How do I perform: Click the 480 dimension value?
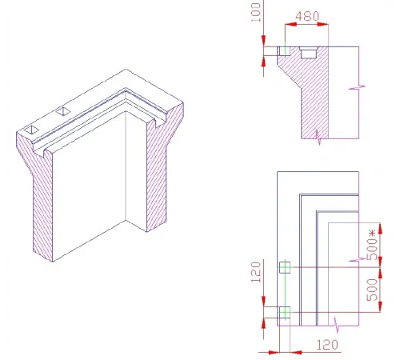coord(309,16)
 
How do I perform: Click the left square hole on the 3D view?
coord(31,128)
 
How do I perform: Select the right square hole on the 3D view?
coord(63,110)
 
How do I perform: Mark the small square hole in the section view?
coord(283,51)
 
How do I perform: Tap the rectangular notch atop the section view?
coord(309,52)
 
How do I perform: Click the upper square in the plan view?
coord(282,266)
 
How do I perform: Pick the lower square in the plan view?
coord(282,311)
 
